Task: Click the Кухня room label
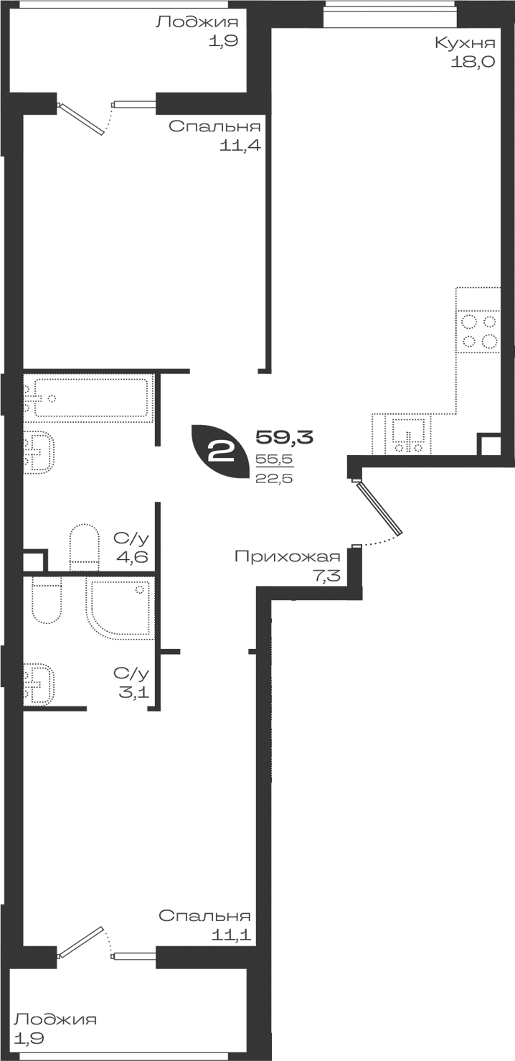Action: pos(465,44)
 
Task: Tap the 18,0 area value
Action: pos(472,62)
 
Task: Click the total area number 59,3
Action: pos(285,436)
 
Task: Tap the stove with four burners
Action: pos(478,331)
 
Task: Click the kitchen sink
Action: pos(407,434)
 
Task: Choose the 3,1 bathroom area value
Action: pos(134,693)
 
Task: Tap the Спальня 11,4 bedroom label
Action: pos(215,136)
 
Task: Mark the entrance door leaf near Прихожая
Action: pos(380,508)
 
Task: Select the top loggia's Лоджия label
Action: pos(197,22)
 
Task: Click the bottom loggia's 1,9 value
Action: pos(29,1038)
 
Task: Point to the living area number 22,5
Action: pos(274,478)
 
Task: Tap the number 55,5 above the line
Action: pos(274,459)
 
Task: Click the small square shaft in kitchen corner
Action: pos(488,444)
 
